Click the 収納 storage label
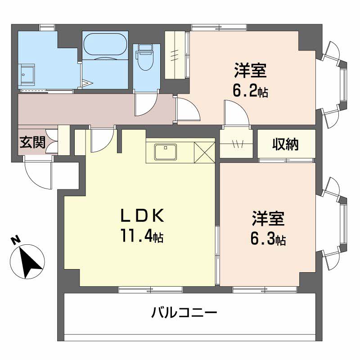click(x=285, y=144)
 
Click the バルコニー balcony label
click(x=184, y=312)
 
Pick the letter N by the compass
click(x=16, y=241)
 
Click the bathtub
click(x=105, y=46)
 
